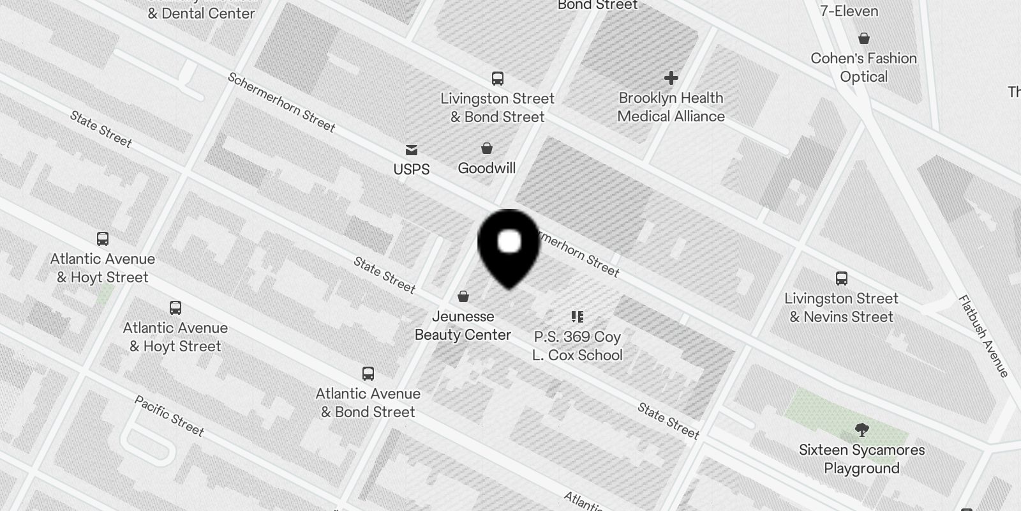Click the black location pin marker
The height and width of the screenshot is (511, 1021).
(x=509, y=246)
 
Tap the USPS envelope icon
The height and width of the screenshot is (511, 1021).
(x=412, y=150)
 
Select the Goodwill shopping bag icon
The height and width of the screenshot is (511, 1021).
(x=487, y=149)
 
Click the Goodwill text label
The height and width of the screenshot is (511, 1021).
(x=487, y=169)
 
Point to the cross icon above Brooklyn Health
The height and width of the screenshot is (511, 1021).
(x=671, y=78)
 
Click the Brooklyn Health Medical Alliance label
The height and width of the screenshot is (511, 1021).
(x=671, y=107)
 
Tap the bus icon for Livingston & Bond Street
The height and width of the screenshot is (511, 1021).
(x=498, y=79)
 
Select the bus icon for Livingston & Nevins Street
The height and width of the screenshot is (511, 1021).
(x=842, y=278)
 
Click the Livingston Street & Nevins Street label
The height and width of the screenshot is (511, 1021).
(x=842, y=308)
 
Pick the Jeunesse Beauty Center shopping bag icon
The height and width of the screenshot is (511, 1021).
(x=463, y=296)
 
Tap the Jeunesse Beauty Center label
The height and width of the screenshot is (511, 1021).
(x=463, y=326)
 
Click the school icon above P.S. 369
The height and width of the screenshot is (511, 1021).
(x=578, y=317)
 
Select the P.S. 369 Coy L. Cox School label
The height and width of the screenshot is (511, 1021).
(x=578, y=346)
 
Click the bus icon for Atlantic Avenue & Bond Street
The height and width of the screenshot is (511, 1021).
(x=368, y=374)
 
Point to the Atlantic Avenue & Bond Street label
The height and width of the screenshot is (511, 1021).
(x=368, y=403)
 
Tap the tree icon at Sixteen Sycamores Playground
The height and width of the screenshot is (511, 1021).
(x=862, y=429)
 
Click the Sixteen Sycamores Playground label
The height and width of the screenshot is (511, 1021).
(x=862, y=459)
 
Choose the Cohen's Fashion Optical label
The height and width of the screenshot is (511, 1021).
(x=864, y=68)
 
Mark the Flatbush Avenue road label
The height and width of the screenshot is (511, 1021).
(x=983, y=336)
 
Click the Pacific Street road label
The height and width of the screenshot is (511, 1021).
(x=169, y=416)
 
